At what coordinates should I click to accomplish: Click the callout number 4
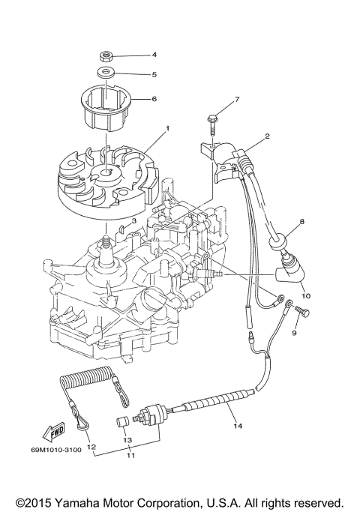(154, 55)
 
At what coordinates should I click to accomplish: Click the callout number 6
(154, 98)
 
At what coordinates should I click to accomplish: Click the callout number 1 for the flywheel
(167, 128)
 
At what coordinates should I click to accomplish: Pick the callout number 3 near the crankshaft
(133, 220)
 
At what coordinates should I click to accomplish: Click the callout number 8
(302, 222)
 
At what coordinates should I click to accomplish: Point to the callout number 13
(127, 440)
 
